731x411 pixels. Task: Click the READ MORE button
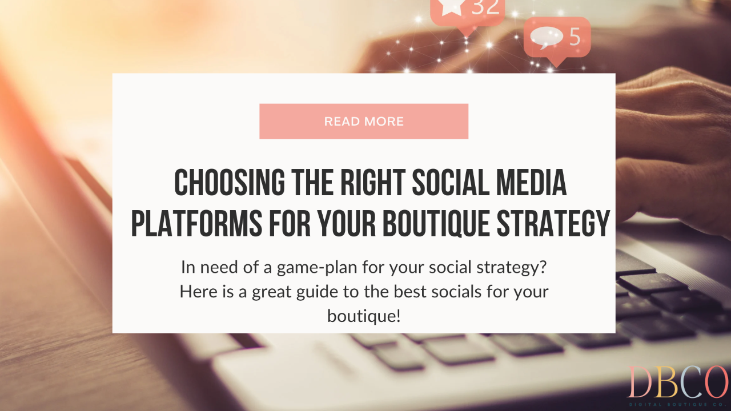click(364, 122)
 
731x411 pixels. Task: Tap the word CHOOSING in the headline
click(230, 182)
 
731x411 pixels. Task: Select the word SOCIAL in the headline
click(451, 182)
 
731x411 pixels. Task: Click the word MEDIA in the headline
click(531, 182)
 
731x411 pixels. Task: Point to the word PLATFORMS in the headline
click(196, 223)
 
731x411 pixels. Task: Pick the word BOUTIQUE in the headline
click(436, 223)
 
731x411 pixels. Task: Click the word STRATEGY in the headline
click(553, 223)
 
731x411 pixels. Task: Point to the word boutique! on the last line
click(364, 316)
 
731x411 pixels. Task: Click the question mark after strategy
click(543, 267)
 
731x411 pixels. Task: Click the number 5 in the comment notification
click(575, 36)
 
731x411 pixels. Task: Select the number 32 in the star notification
click(485, 6)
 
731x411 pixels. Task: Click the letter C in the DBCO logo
click(689, 382)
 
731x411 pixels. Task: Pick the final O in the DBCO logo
click(716, 382)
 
